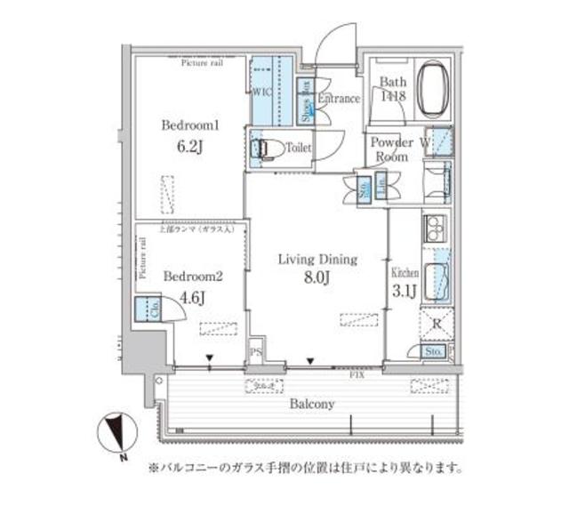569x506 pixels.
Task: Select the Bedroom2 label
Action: [186, 275]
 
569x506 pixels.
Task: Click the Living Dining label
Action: [317, 260]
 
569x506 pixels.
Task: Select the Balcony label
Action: [311, 404]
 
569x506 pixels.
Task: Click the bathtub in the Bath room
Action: [434, 89]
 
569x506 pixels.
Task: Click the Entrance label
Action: [338, 99]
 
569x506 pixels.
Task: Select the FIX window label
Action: [357, 374]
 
